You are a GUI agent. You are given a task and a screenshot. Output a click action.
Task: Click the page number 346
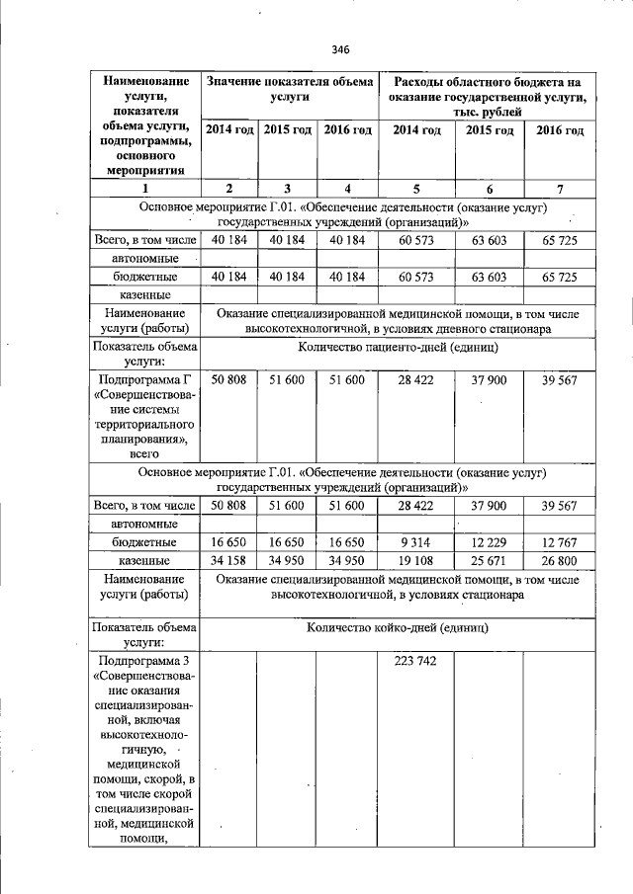point(341,49)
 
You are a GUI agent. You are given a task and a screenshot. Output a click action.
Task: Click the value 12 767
point(560,542)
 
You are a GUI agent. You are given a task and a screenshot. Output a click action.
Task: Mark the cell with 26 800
point(560,561)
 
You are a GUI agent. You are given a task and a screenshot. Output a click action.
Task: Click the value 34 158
point(228,561)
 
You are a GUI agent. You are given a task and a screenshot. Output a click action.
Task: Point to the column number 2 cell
point(228,188)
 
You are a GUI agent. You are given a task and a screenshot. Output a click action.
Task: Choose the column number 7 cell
point(560,188)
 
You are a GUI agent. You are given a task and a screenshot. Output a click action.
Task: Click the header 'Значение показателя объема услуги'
point(289,90)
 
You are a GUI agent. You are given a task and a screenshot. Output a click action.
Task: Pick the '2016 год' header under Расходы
point(560,131)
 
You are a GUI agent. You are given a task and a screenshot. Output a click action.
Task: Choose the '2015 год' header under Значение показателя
point(288,131)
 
